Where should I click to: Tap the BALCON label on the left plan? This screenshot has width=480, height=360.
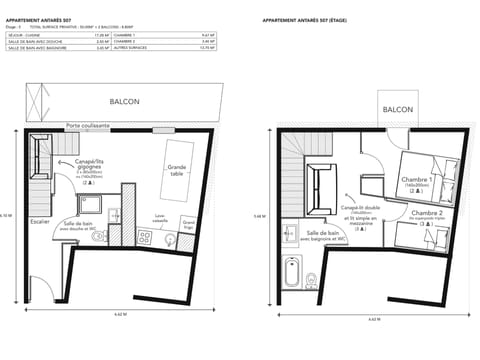124,101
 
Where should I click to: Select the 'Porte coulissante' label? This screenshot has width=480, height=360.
88,126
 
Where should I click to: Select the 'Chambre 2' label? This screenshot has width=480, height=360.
427,214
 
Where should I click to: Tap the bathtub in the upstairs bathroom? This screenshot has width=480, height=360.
293,272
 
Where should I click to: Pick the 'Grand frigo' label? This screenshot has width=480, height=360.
188,225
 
